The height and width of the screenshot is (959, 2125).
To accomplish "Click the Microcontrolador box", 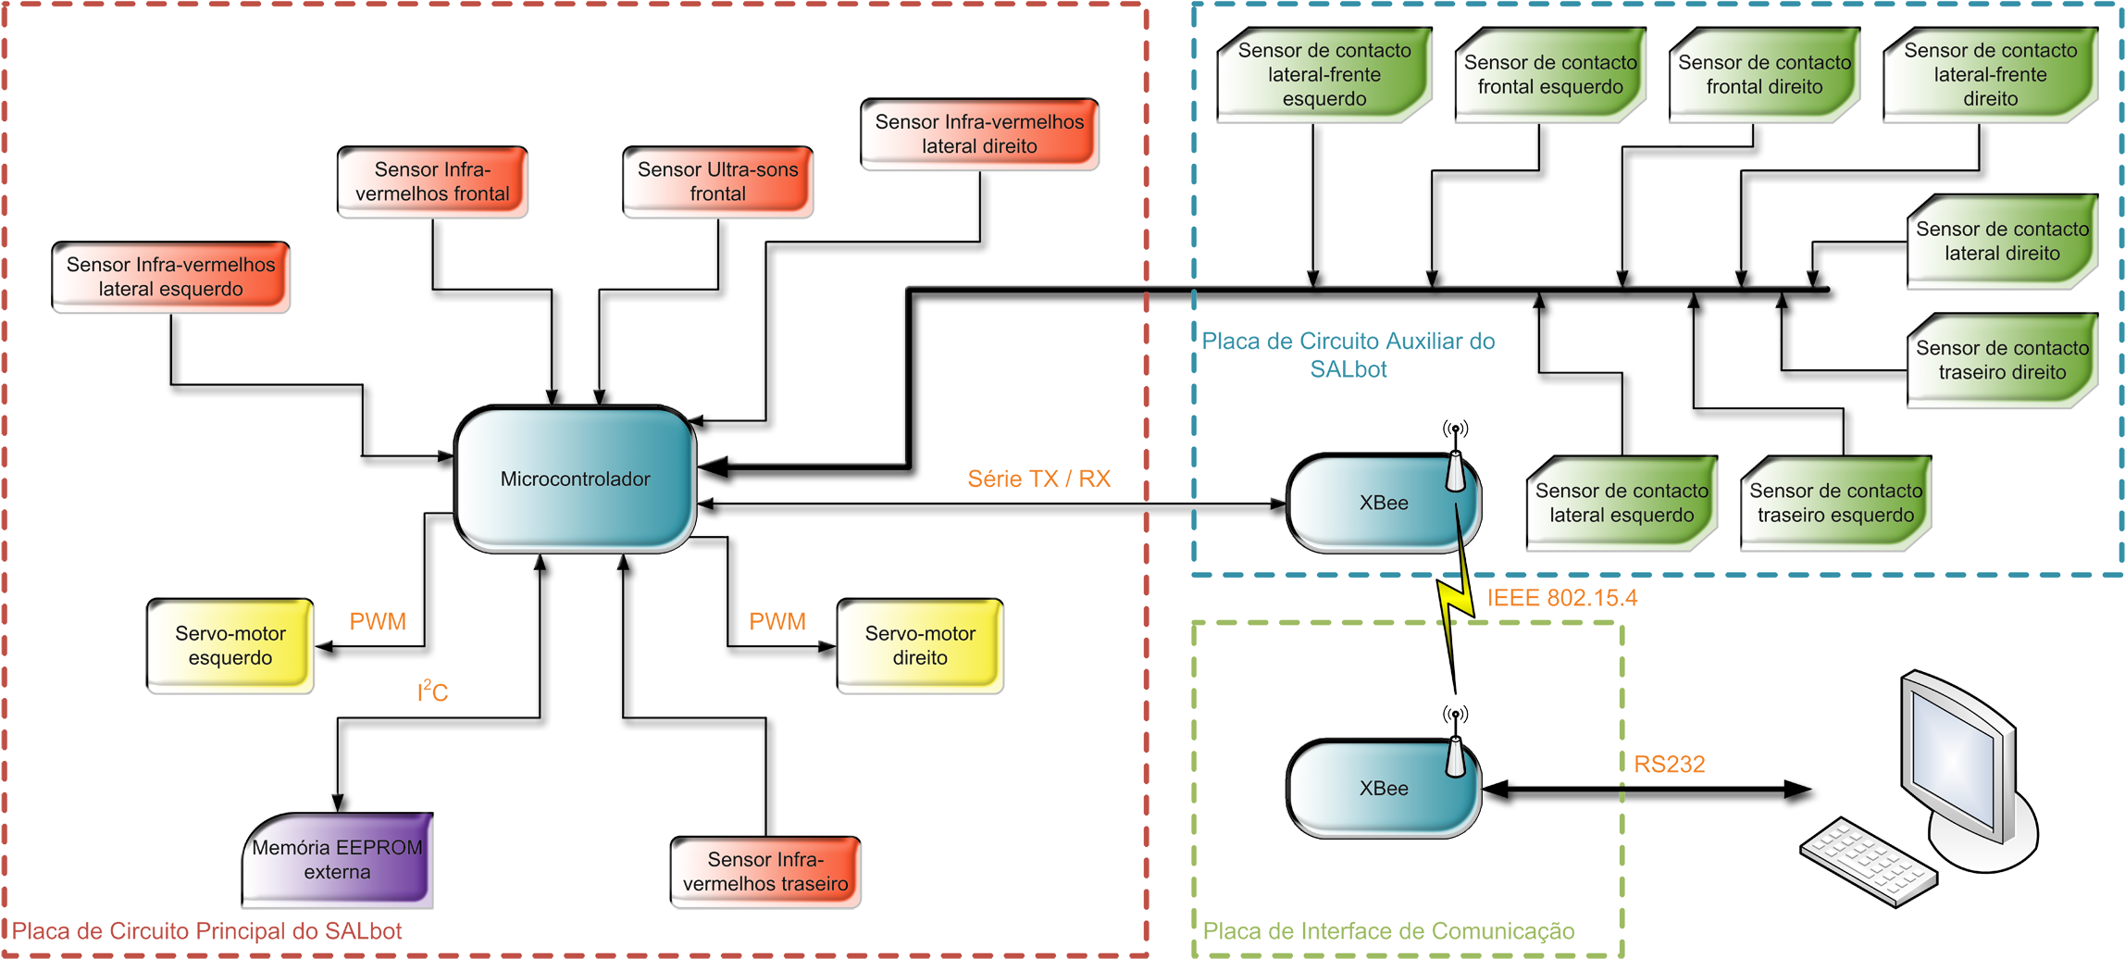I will (x=575, y=479).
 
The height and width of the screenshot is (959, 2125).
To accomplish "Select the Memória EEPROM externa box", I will (x=338, y=860).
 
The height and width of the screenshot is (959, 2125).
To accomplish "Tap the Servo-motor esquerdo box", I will (x=230, y=646).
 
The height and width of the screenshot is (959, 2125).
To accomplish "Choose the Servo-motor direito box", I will (x=920, y=646).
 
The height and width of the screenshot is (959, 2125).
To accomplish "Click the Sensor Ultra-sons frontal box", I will (x=718, y=182).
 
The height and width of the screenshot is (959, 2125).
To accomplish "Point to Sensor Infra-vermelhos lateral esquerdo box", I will (x=171, y=277).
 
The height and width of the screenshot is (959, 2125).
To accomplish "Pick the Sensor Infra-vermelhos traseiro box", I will (x=765, y=872).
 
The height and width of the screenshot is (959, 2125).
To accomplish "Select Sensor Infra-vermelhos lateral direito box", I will (x=979, y=134).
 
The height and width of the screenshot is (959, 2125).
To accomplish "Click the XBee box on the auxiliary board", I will (x=1384, y=504).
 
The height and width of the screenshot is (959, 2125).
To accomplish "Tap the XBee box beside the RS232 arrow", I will (x=1384, y=789).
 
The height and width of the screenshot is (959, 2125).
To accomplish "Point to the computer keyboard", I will (x=1868, y=860).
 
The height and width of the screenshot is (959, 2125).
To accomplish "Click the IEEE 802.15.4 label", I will (x=1561, y=598).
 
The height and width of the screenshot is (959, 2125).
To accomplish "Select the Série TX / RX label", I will (x=1038, y=479).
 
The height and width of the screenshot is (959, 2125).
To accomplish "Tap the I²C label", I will (x=432, y=691).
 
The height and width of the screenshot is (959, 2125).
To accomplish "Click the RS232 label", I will (x=1669, y=765).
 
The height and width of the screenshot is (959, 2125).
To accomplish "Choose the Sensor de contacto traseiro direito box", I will (x=2002, y=361).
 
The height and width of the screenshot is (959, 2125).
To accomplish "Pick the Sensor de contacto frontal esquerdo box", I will (x=1550, y=75).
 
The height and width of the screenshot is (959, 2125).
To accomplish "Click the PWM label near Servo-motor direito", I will (x=777, y=622).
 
